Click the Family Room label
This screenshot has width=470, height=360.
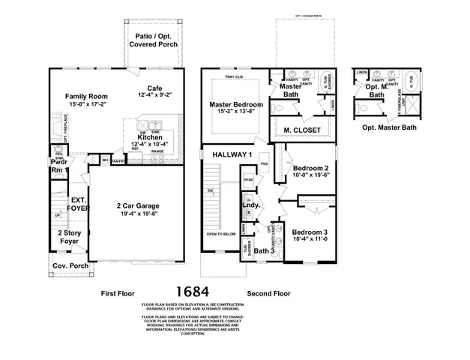pos(86,97)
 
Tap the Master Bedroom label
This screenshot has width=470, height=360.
pos(235,104)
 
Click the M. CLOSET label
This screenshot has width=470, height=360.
pos(302,130)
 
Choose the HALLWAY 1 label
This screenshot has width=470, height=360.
pos(231,154)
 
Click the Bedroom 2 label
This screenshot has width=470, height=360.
pos(310,168)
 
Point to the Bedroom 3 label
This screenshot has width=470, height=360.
pos(310,232)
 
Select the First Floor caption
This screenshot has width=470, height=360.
pos(120,294)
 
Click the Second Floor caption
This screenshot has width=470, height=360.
pos(268,294)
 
